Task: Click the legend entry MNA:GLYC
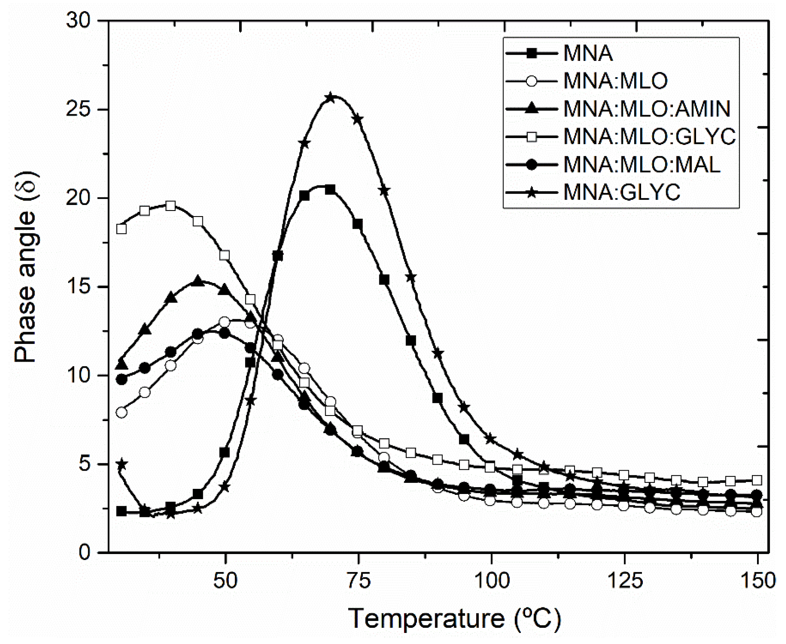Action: [x=622, y=192]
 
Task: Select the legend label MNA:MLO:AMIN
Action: [x=647, y=109]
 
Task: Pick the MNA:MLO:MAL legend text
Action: [x=642, y=165]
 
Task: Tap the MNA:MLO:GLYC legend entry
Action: [x=650, y=136]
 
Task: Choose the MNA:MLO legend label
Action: [x=616, y=81]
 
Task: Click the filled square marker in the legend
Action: [x=531, y=53]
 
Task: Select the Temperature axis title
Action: [x=454, y=619]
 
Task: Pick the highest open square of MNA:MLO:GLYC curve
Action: [x=170, y=206]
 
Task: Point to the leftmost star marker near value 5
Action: [x=122, y=464]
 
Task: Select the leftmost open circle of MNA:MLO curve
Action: [x=122, y=413]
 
